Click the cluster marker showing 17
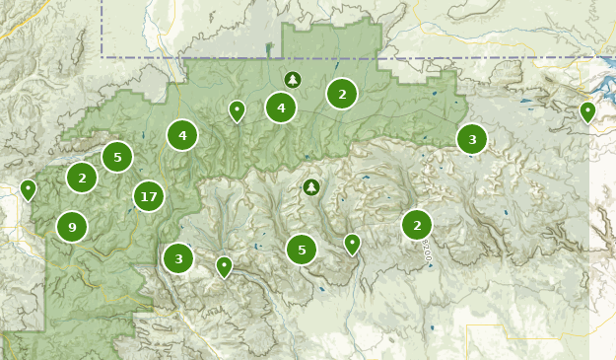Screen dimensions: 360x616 click(149, 197)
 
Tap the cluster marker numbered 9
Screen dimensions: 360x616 click(72, 227)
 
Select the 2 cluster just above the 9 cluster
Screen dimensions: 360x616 click(82, 178)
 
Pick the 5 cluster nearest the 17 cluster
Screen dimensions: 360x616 click(117, 157)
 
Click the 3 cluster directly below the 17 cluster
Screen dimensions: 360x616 click(178, 258)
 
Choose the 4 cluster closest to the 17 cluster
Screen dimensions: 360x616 click(182, 135)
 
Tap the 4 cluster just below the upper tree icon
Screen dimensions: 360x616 click(281, 108)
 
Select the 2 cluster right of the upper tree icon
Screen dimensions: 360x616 click(342, 94)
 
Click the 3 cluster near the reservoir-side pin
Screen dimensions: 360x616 click(472, 139)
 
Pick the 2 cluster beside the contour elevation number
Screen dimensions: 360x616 click(417, 225)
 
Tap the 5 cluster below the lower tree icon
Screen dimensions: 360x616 click(302, 250)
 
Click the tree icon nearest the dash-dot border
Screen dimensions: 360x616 click(292, 79)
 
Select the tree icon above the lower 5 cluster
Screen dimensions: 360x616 click(311, 186)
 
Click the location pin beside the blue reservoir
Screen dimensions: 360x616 click(587, 111)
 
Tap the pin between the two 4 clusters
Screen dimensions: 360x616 click(237, 110)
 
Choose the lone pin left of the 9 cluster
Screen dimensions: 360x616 click(28, 188)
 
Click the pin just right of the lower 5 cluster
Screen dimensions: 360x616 click(352, 243)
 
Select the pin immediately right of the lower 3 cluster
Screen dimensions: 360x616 click(224, 265)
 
